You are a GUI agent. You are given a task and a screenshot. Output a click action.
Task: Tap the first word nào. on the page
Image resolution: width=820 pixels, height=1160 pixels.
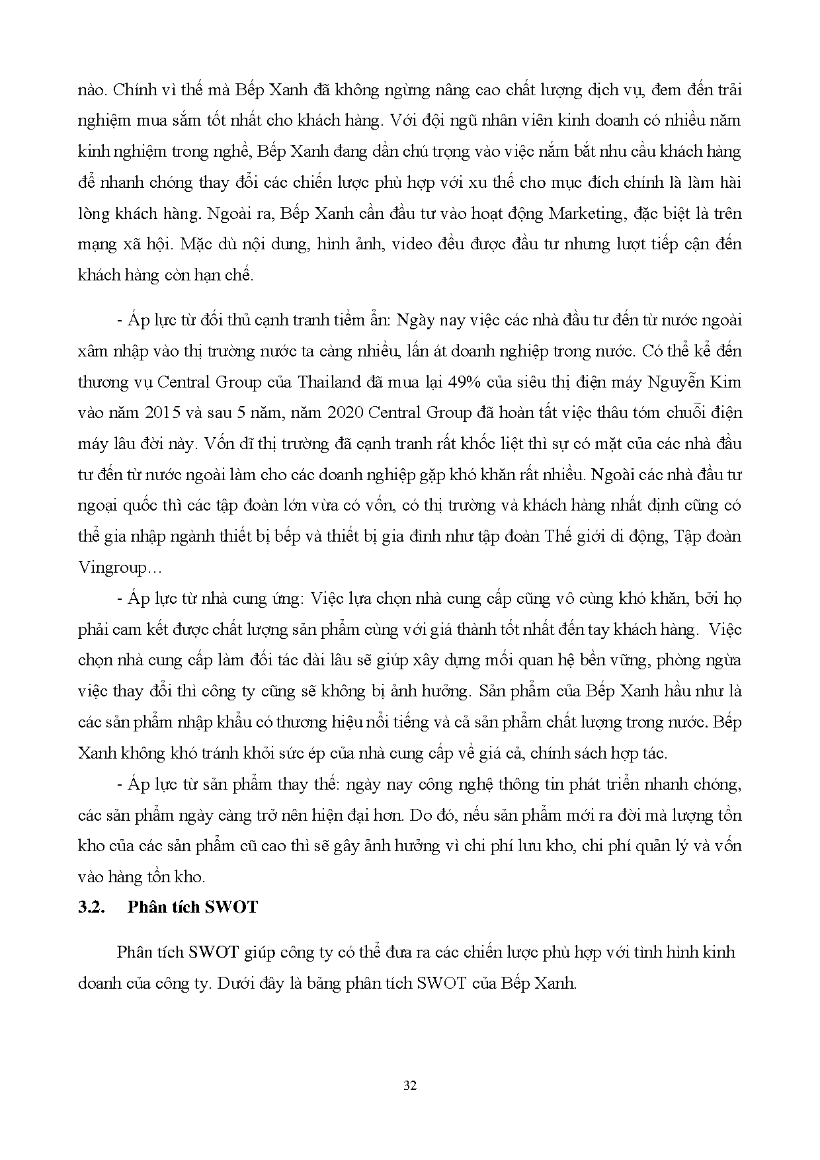point(89,90)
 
